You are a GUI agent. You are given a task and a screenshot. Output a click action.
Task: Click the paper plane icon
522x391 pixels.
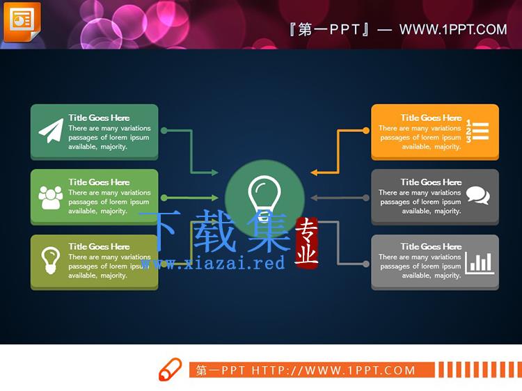pos(52,131)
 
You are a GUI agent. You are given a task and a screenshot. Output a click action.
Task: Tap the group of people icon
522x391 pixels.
pos(51,198)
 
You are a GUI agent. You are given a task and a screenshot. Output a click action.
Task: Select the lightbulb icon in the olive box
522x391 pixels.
pos(50,260)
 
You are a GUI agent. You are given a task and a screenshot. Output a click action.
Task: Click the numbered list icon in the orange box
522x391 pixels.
pos(477,131)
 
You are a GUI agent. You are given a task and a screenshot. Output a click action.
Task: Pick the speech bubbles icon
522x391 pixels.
pos(478,195)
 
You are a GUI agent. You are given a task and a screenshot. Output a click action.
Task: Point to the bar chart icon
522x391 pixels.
pos(480,263)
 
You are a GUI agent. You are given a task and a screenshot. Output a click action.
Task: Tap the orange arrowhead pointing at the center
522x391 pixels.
pos(314,173)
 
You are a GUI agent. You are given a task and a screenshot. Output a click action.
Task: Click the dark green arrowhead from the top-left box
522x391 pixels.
pos(214,173)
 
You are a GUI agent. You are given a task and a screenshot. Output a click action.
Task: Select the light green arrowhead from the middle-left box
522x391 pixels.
pos(214,198)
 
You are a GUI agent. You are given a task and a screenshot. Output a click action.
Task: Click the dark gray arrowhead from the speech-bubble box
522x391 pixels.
pos(314,198)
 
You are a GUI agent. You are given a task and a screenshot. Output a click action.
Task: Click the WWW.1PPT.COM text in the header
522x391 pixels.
pos(453,30)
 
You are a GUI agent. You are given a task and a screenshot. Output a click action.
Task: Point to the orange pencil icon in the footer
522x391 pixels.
pos(170,369)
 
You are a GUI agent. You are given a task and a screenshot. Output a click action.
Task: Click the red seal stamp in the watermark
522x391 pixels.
pos(307,243)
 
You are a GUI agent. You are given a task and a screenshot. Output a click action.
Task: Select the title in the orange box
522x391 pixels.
pos(431,118)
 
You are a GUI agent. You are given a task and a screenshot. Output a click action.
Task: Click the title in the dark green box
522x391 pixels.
pos(99,118)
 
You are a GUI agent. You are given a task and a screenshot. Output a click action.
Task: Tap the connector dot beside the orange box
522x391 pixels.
pos(366,131)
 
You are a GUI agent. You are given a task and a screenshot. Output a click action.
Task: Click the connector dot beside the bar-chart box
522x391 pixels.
pos(366,264)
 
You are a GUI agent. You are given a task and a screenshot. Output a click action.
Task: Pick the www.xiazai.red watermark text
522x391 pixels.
pos(213,264)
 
